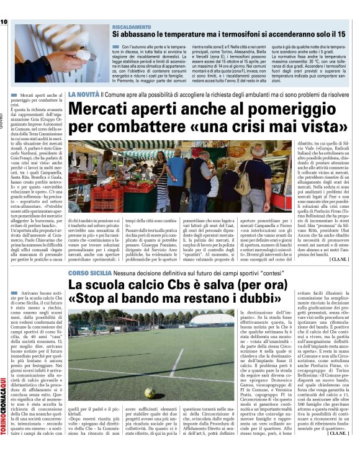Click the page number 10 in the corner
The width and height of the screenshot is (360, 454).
(4, 22)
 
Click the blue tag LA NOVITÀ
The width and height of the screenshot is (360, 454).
(83, 94)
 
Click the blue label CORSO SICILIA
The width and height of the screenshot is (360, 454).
(86, 273)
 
